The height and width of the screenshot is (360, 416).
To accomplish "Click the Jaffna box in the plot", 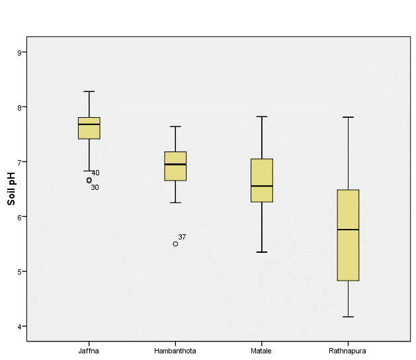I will [x=89, y=128].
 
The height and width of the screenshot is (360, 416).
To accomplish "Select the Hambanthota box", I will [x=175, y=166].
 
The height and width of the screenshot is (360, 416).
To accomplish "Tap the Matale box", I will [x=262, y=180].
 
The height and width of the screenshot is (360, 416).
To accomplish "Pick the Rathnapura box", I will [x=348, y=235].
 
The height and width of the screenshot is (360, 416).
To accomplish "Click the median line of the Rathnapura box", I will [x=348, y=230].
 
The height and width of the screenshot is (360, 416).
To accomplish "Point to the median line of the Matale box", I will [x=262, y=186].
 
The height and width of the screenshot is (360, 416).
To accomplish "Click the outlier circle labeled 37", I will [x=175, y=244].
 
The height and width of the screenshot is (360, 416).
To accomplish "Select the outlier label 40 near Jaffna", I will [x=96, y=173].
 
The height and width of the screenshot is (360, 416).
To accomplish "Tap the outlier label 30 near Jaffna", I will [x=95, y=187].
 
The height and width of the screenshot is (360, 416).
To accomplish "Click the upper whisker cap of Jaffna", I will [x=89, y=91].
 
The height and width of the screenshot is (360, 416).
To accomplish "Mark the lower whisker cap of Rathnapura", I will [x=348, y=317].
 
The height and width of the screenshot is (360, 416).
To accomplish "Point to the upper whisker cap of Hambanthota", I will [x=175, y=126].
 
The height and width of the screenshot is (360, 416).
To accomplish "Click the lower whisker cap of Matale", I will [x=262, y=252].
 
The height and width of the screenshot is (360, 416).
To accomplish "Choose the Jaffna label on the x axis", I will [x=89, y=350].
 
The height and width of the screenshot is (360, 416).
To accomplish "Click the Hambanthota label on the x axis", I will [x=175, y=350].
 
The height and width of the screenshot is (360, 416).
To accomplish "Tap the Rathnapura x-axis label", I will [x=348, y=350].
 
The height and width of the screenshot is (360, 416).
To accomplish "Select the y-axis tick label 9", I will [x=21, y=52].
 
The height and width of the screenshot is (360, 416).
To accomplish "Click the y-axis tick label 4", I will [x=21, y=326].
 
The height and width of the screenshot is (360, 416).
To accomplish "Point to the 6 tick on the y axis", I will [x=21, y=216].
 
